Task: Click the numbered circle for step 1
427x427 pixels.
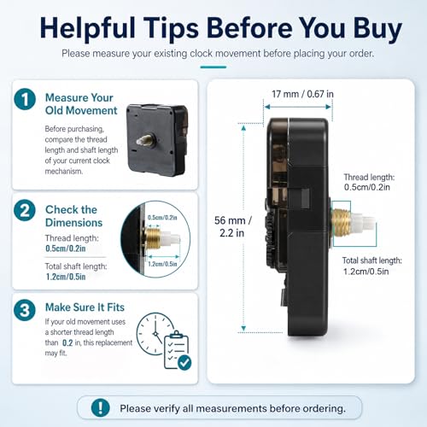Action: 25,99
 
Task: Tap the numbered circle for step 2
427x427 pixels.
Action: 25,210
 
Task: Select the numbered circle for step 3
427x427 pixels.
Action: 25,310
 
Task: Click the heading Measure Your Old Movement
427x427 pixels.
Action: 81,104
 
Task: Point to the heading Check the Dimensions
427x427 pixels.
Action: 73,216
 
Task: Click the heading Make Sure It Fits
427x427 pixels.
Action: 85,307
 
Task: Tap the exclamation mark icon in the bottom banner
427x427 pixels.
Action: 101,407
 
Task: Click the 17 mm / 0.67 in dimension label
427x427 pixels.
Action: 302,94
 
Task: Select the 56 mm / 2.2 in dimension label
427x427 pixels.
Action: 232,226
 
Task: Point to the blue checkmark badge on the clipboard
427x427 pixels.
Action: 184,363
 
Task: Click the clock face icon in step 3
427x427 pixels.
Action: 155,334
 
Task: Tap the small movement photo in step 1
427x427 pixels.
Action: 157,140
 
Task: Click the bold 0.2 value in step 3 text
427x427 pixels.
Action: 67,342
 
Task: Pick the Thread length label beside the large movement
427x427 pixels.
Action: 369,182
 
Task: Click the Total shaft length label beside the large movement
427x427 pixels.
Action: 371,266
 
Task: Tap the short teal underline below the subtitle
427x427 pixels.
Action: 213,67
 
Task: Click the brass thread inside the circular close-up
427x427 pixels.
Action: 152,238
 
